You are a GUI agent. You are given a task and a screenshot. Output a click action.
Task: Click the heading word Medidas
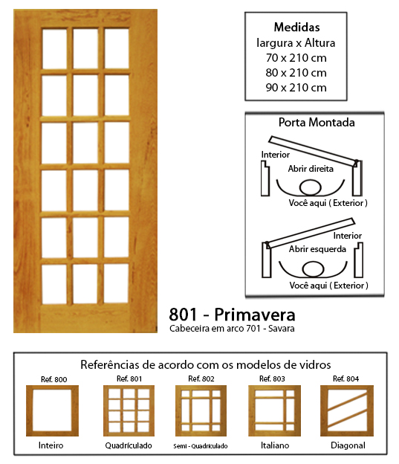point(296,28)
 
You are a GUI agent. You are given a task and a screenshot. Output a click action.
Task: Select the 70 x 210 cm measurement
point(296,58)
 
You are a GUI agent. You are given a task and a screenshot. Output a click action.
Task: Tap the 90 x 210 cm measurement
point(296,88)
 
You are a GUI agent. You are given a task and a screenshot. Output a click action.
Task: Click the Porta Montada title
point(317,123)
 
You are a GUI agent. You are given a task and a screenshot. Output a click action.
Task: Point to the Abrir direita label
point(311,169)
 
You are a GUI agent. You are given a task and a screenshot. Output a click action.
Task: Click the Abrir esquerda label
point(317,249)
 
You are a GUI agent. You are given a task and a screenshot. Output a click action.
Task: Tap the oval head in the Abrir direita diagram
point(311,187)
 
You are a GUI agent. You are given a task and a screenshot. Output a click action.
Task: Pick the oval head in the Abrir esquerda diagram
point(313,268)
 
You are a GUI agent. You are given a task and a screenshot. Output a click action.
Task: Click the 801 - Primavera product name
point(232,315)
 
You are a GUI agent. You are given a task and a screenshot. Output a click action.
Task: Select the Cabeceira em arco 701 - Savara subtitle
point(232,329)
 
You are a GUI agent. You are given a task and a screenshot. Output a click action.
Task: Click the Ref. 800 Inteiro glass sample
point(52,410)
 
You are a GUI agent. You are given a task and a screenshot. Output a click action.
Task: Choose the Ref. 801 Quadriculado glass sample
point(129,410)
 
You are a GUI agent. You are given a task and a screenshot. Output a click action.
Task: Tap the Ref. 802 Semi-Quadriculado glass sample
point(201,410)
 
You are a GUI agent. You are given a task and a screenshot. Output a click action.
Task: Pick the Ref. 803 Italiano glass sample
point(274,410)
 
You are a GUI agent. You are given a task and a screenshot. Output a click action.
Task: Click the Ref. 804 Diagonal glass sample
point(347,410)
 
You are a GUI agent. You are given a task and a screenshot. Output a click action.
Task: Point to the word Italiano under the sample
point(275,445)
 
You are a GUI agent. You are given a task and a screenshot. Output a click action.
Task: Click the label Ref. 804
point(346,378)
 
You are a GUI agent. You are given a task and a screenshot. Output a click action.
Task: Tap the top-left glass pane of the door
point(54,49)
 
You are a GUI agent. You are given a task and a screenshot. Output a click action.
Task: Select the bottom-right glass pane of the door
point(117,283)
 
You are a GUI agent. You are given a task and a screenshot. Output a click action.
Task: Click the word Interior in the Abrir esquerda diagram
point(348,236)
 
